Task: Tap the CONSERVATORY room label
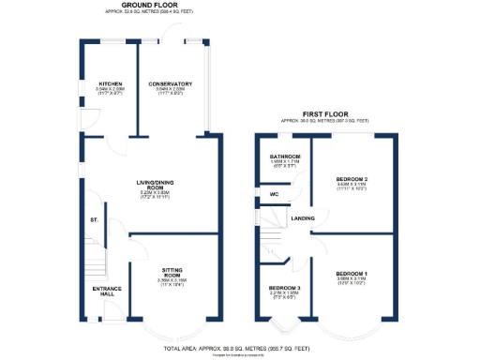pos(170,83)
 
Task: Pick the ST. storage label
pos(94,219)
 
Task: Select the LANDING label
pos(303,218)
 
